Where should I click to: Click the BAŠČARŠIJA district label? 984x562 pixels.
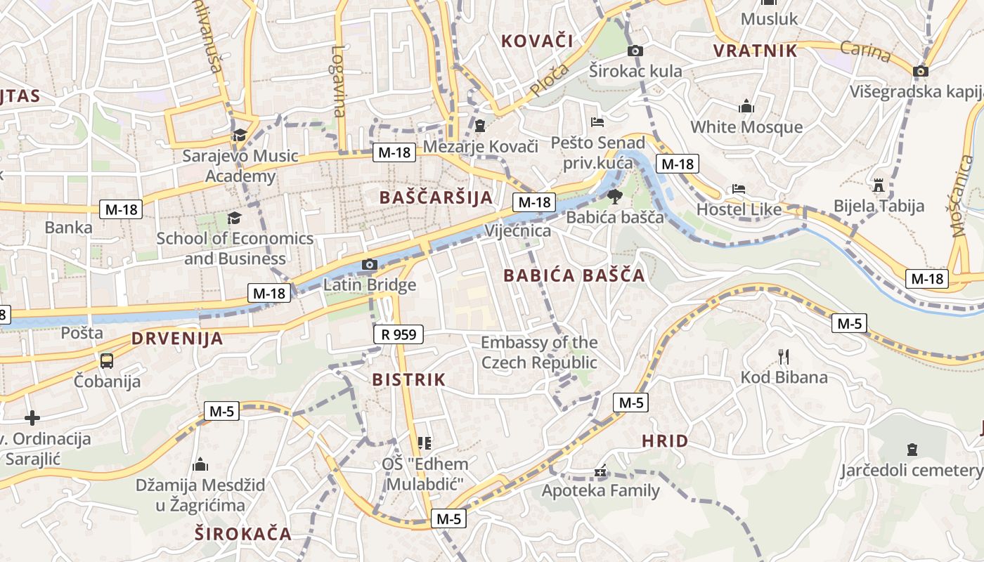click(436, 197)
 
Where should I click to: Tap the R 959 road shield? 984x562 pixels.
click(398, 334)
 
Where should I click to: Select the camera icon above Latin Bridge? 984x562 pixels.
click(369, 265)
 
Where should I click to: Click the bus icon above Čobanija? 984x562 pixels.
click(107, 361)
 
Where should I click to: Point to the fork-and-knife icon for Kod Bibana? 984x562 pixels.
click(784, 356)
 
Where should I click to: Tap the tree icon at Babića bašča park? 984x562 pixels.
click(615, 196)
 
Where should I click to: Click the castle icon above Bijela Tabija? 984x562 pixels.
click(878, 185)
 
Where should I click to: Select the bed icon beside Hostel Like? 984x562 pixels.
click(738, 189)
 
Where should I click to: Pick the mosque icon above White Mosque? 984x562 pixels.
click(746, 106)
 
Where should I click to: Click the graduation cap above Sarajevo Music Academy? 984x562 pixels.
click(240, 134)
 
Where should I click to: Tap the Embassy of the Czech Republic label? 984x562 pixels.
click(539, 353)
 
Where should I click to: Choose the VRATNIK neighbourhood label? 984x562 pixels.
click(756, 51)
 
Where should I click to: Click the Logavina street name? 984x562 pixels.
click(339, 81)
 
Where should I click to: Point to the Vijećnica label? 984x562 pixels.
click(518, 230)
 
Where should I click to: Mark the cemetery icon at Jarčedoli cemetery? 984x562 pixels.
click(912, 449)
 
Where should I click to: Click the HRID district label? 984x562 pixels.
click(665, 441)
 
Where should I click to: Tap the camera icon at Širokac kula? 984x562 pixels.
click(635, 51)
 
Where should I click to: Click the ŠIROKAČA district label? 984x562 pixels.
click(243, 533)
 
